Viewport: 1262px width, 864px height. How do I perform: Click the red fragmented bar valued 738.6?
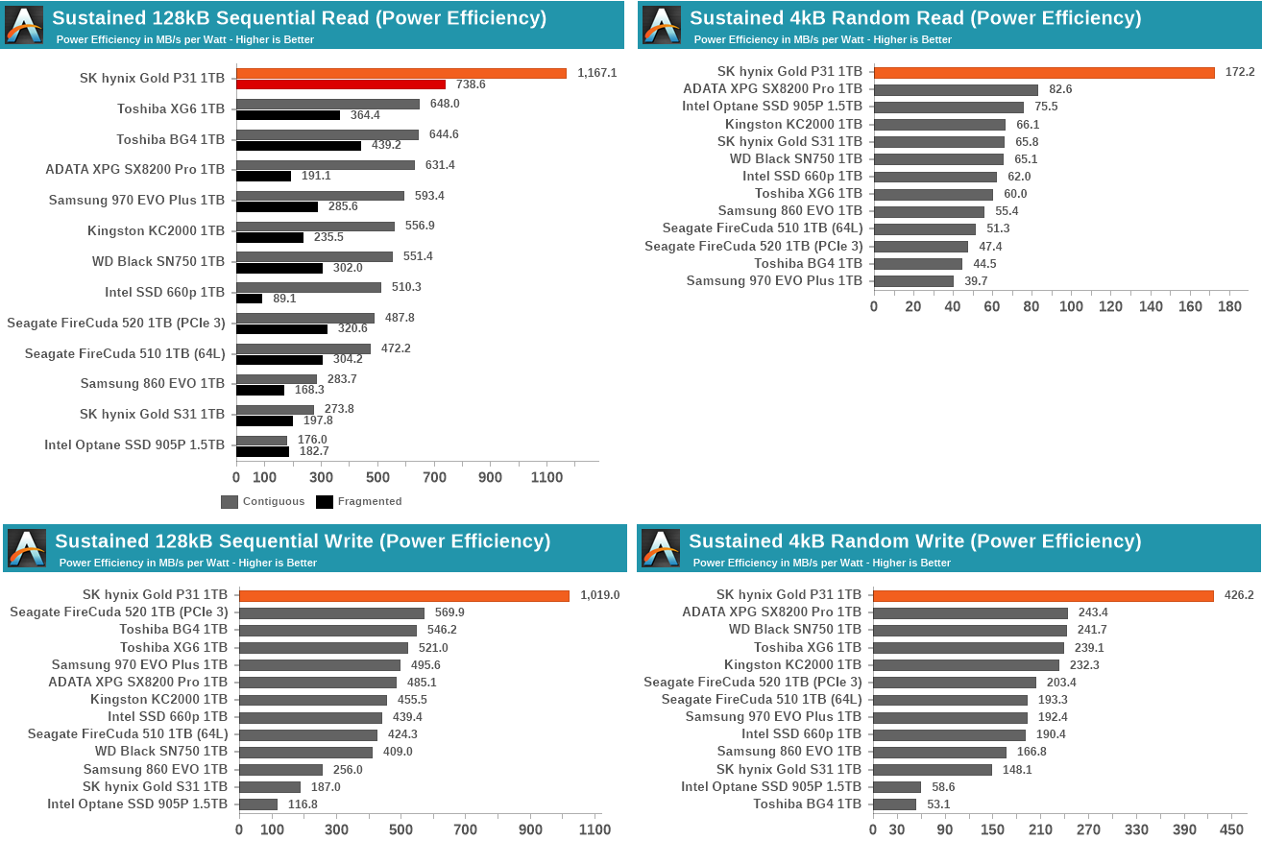click(341, 84)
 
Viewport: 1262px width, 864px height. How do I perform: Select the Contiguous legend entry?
click(263, 501)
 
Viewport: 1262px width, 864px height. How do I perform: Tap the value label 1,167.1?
click(596, 73)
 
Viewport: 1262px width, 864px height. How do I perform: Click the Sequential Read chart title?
click(299, 17)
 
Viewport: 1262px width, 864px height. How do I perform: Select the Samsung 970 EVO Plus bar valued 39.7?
click(913, 281)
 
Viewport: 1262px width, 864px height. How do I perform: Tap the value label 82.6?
click(1059, 89)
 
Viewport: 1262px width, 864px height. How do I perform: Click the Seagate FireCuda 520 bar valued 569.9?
click(331, 612)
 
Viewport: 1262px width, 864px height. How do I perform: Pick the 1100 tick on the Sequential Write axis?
click(595, 829)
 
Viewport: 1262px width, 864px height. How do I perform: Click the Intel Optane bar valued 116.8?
click(258, 804)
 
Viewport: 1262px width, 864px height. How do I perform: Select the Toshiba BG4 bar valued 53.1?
click(894, 804)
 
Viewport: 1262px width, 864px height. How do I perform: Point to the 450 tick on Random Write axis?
click(1232, 829)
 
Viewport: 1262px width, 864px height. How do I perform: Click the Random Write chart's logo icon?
click(661, 548)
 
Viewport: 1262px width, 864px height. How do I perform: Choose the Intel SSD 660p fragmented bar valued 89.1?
click(249, 299)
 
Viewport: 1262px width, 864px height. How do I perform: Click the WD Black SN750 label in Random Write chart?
click(794, 630)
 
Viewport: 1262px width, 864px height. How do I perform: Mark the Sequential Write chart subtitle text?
click(187, 563)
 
